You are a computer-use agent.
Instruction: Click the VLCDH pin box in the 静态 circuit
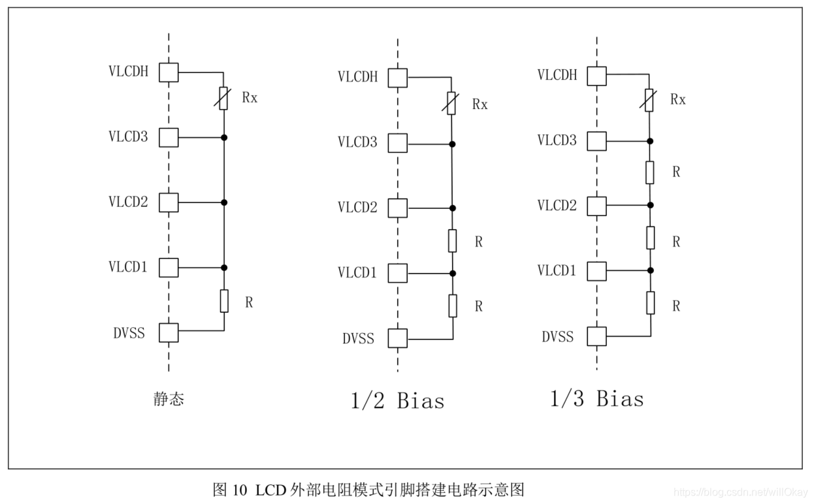coord(169,72)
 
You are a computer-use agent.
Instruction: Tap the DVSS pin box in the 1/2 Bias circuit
coord(397,338)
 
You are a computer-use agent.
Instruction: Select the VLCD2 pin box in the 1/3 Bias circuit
coord(596,206)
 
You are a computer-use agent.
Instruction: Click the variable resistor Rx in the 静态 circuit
coord(223,99)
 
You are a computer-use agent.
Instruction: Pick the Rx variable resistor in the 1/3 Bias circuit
coord(649,100)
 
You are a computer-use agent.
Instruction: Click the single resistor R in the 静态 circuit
coord(223,301)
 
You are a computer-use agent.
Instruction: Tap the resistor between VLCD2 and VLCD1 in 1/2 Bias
coord(452,240)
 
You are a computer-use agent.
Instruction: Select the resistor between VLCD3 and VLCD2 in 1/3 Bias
coord(649,172)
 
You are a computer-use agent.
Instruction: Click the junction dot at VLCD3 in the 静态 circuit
coord(223,138)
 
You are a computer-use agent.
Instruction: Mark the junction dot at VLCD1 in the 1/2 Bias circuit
coord(452,273)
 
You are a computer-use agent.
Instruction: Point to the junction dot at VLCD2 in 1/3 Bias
coord(649,206)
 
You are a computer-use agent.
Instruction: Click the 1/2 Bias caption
coord(397,400)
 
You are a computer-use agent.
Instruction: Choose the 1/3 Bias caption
coord(596,398)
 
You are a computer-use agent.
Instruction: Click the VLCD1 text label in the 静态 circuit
coord(128,266)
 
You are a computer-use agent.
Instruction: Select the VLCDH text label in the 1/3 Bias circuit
coord(557,74)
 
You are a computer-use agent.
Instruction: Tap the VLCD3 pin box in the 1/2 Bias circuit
coord(397,142)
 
